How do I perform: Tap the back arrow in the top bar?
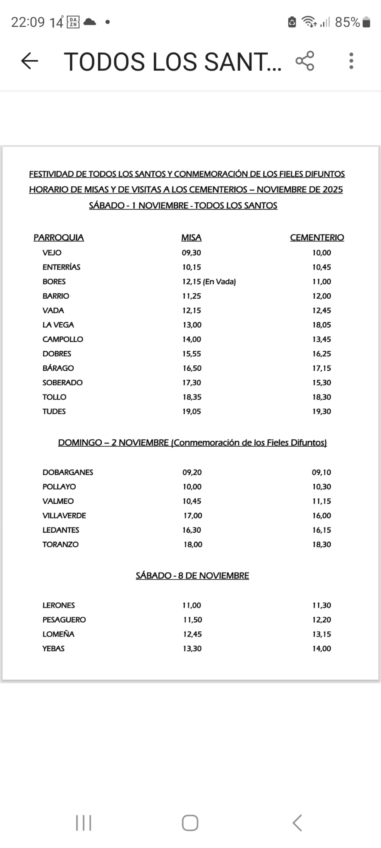(29, 61)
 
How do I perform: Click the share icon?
(305, 61)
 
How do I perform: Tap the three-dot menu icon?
(351, 61)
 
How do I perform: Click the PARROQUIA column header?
(59, 238)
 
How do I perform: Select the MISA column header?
(191, 238)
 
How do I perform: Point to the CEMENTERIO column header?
(317, 238)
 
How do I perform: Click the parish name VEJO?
(52, 253)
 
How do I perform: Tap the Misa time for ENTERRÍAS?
(192, 267)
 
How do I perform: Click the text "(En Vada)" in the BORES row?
(220, 282)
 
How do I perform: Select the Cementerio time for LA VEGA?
(321, 325)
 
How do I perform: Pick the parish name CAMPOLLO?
(62, 340)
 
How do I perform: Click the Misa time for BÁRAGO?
(192, 368)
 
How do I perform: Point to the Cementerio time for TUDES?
(321, 412)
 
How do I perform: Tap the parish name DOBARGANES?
(68, 472)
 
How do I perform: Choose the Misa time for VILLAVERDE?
(193, 516)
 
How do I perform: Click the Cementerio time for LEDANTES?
(321, 530)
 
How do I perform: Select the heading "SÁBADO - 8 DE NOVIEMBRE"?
(192, 576)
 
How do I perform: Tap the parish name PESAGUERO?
(64, 620)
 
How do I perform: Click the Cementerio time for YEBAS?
(321, 649)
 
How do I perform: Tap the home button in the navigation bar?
(190, 823)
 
